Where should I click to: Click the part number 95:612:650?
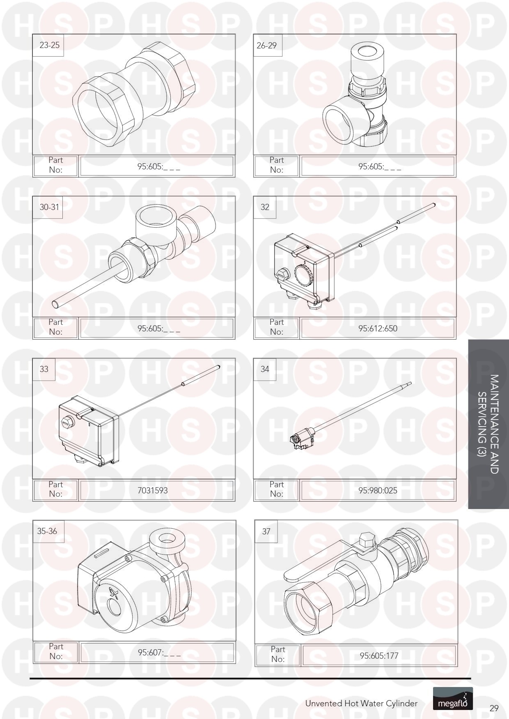click(378, 328)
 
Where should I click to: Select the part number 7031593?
click(153, 490)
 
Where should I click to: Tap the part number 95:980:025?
click(378, 490)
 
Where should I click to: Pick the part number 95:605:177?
click(379, 655)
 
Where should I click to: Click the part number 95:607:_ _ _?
click(159, 652)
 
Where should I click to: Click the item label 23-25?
click(49, 45)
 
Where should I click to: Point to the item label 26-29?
click(266, 46)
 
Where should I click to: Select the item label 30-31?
click(49, 207)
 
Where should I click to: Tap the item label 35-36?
click(47, 531)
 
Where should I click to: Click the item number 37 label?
click(266, 532)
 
